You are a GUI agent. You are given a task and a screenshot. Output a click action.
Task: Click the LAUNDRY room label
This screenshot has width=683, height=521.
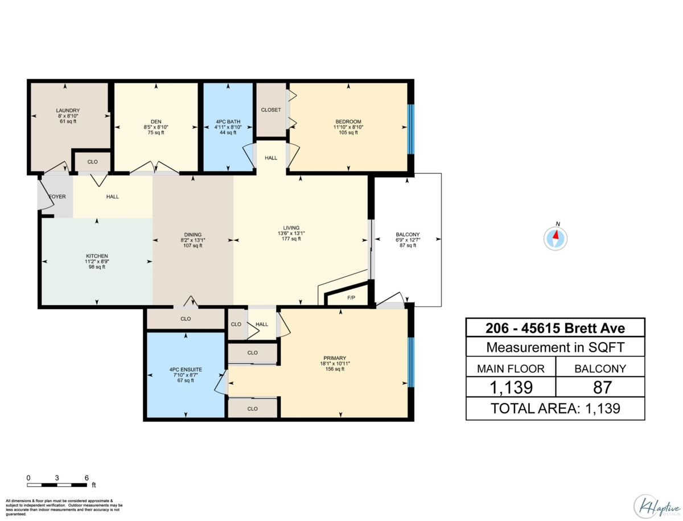68,110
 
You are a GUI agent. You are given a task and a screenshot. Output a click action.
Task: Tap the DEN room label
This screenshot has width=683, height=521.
156,122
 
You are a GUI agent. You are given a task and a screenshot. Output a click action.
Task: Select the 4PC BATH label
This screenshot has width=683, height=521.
228,122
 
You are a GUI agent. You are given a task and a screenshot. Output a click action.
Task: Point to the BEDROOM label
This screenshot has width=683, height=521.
348,122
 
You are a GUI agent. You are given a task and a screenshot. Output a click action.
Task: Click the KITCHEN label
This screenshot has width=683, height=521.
97,256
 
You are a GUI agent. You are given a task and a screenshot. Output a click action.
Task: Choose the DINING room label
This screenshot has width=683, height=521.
192,235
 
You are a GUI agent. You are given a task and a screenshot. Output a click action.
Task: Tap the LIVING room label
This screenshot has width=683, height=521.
291,228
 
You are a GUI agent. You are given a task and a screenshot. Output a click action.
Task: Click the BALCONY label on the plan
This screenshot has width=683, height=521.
408,235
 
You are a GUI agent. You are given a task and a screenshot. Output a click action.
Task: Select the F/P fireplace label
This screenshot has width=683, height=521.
351,298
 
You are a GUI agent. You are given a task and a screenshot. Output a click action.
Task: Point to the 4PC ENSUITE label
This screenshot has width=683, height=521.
186,370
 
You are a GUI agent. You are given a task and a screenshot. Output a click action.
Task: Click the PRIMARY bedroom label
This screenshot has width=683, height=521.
335,358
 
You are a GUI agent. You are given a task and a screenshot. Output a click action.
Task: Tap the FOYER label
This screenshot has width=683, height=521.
57,196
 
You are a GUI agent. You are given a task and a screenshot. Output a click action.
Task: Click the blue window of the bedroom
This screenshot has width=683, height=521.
411,129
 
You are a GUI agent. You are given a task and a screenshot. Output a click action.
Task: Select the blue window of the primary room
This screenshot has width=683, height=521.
411,362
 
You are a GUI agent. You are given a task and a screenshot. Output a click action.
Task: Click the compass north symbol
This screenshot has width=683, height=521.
555,238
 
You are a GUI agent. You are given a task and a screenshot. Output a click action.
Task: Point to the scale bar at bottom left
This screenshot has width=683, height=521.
57,485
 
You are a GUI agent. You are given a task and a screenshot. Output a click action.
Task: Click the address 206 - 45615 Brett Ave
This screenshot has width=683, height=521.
555,329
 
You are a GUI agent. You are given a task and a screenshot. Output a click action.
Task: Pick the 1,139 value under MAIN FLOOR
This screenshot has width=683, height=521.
511,387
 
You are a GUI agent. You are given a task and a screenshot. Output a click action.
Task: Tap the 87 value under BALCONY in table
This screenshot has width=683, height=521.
602,387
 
